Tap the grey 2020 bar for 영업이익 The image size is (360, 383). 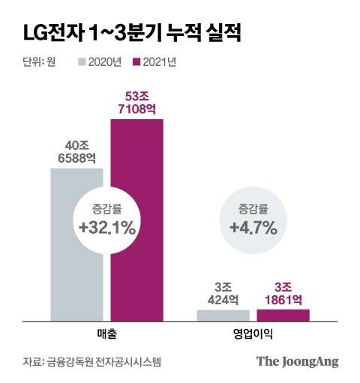click(x=223, y=316)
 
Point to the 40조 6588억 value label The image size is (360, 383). click(x=76, y=151)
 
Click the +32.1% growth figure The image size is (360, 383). click(x=107, y=227)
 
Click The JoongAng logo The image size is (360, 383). click(x=298, y=362)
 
